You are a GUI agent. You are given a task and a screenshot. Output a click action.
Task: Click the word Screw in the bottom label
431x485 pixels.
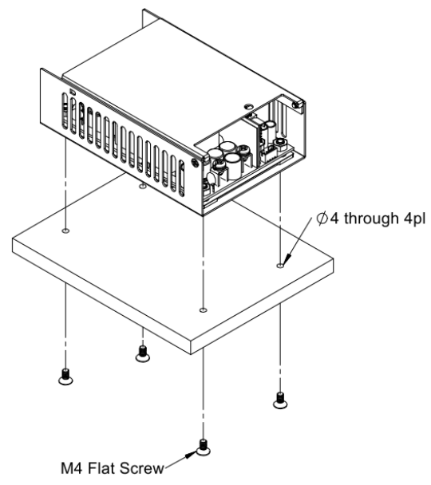click(x=142, y=468)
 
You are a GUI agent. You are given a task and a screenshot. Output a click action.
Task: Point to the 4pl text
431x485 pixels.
click(x=414, y=219)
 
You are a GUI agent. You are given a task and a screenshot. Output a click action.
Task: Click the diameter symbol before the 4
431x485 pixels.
click(x=322, y=219)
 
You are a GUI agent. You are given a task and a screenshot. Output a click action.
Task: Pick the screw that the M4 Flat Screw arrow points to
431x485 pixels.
click(x=203, y=448)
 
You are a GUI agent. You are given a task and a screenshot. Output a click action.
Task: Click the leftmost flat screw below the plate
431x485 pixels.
click(x=65, y=377)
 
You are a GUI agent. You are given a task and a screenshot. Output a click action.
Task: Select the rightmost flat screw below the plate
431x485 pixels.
click(x=280, y=400)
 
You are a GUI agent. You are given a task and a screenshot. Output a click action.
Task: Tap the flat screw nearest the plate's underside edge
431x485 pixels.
click(x=142, y=354)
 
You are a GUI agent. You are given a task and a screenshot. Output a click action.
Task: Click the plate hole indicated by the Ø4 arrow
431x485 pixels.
click(x=280, y=265)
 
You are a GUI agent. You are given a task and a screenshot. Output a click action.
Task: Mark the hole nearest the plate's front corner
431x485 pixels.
click(x=203, y=310)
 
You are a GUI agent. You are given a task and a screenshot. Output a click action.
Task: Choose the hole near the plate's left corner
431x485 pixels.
click(x=65, y=231)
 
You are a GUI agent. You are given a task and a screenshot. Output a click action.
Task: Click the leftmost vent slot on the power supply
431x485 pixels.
click(x=65, y=111)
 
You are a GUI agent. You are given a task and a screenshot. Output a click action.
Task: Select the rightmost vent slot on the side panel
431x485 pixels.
click(x=182, y=179)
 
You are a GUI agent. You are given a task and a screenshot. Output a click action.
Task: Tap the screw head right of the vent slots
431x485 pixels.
click(x=196, y=163)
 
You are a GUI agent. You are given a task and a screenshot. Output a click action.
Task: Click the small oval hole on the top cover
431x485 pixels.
click(x=248, y=106)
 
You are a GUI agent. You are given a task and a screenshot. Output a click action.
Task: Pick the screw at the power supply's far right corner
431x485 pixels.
click(x=298, y=104)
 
